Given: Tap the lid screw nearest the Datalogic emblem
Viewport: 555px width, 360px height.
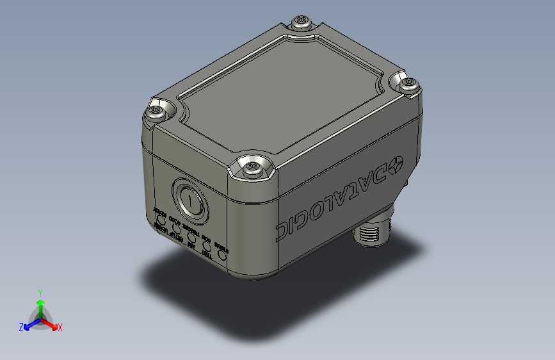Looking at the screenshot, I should [406, 83].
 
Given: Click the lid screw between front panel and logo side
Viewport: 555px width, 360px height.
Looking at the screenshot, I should [250, 168].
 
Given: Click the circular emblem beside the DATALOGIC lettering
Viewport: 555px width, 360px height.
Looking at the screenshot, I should [395, 165].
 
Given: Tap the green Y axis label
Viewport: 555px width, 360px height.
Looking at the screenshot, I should [40, 291].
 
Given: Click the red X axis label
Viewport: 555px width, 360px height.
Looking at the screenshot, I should [60, 328].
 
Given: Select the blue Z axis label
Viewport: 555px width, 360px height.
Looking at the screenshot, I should [21, 327].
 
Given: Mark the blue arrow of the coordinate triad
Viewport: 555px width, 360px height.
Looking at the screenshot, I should [29, 324].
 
